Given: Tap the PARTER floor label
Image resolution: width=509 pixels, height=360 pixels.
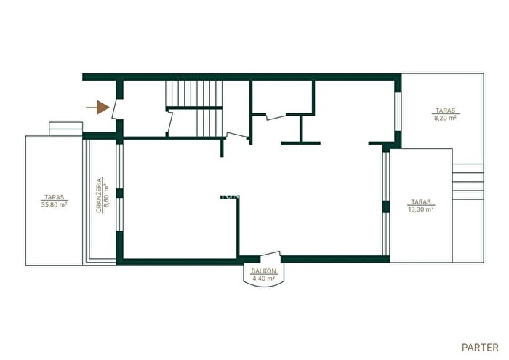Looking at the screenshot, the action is (480, 348).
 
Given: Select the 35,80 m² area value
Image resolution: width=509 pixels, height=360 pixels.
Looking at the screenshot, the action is (55, 204).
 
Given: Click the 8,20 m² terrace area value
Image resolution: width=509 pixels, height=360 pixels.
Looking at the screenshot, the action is (445, 118).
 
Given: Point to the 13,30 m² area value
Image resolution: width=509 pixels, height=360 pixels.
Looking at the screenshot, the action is (421, 209).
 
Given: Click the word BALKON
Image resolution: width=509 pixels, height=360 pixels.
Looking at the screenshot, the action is (263, 271).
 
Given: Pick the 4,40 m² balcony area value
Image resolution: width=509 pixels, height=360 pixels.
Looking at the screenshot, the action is (263, 279).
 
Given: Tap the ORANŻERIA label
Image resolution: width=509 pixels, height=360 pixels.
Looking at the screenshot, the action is (99, 195).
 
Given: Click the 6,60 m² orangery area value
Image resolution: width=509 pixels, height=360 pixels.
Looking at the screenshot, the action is (107, 196).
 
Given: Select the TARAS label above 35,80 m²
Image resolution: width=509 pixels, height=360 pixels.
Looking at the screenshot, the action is (55, 197).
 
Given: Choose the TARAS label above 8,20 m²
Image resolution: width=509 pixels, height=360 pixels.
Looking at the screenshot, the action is (445, 111).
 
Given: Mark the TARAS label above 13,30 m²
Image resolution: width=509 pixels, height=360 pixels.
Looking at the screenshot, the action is (421, 202).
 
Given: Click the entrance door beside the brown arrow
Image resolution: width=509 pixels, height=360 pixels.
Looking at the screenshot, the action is (115, 109).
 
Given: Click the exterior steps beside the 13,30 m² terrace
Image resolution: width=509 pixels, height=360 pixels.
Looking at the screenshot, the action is (468, 182).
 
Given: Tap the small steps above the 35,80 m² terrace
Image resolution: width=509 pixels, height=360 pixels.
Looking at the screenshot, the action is (65, 129).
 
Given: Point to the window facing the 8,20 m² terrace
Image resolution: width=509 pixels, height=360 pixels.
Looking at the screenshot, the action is (398, 112).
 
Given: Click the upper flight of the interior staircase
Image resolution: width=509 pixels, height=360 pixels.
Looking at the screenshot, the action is (194, 93).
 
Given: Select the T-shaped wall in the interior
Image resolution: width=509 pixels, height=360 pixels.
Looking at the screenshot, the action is (301, 129).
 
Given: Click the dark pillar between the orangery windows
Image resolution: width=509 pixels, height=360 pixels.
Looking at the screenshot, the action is (119, 193).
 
